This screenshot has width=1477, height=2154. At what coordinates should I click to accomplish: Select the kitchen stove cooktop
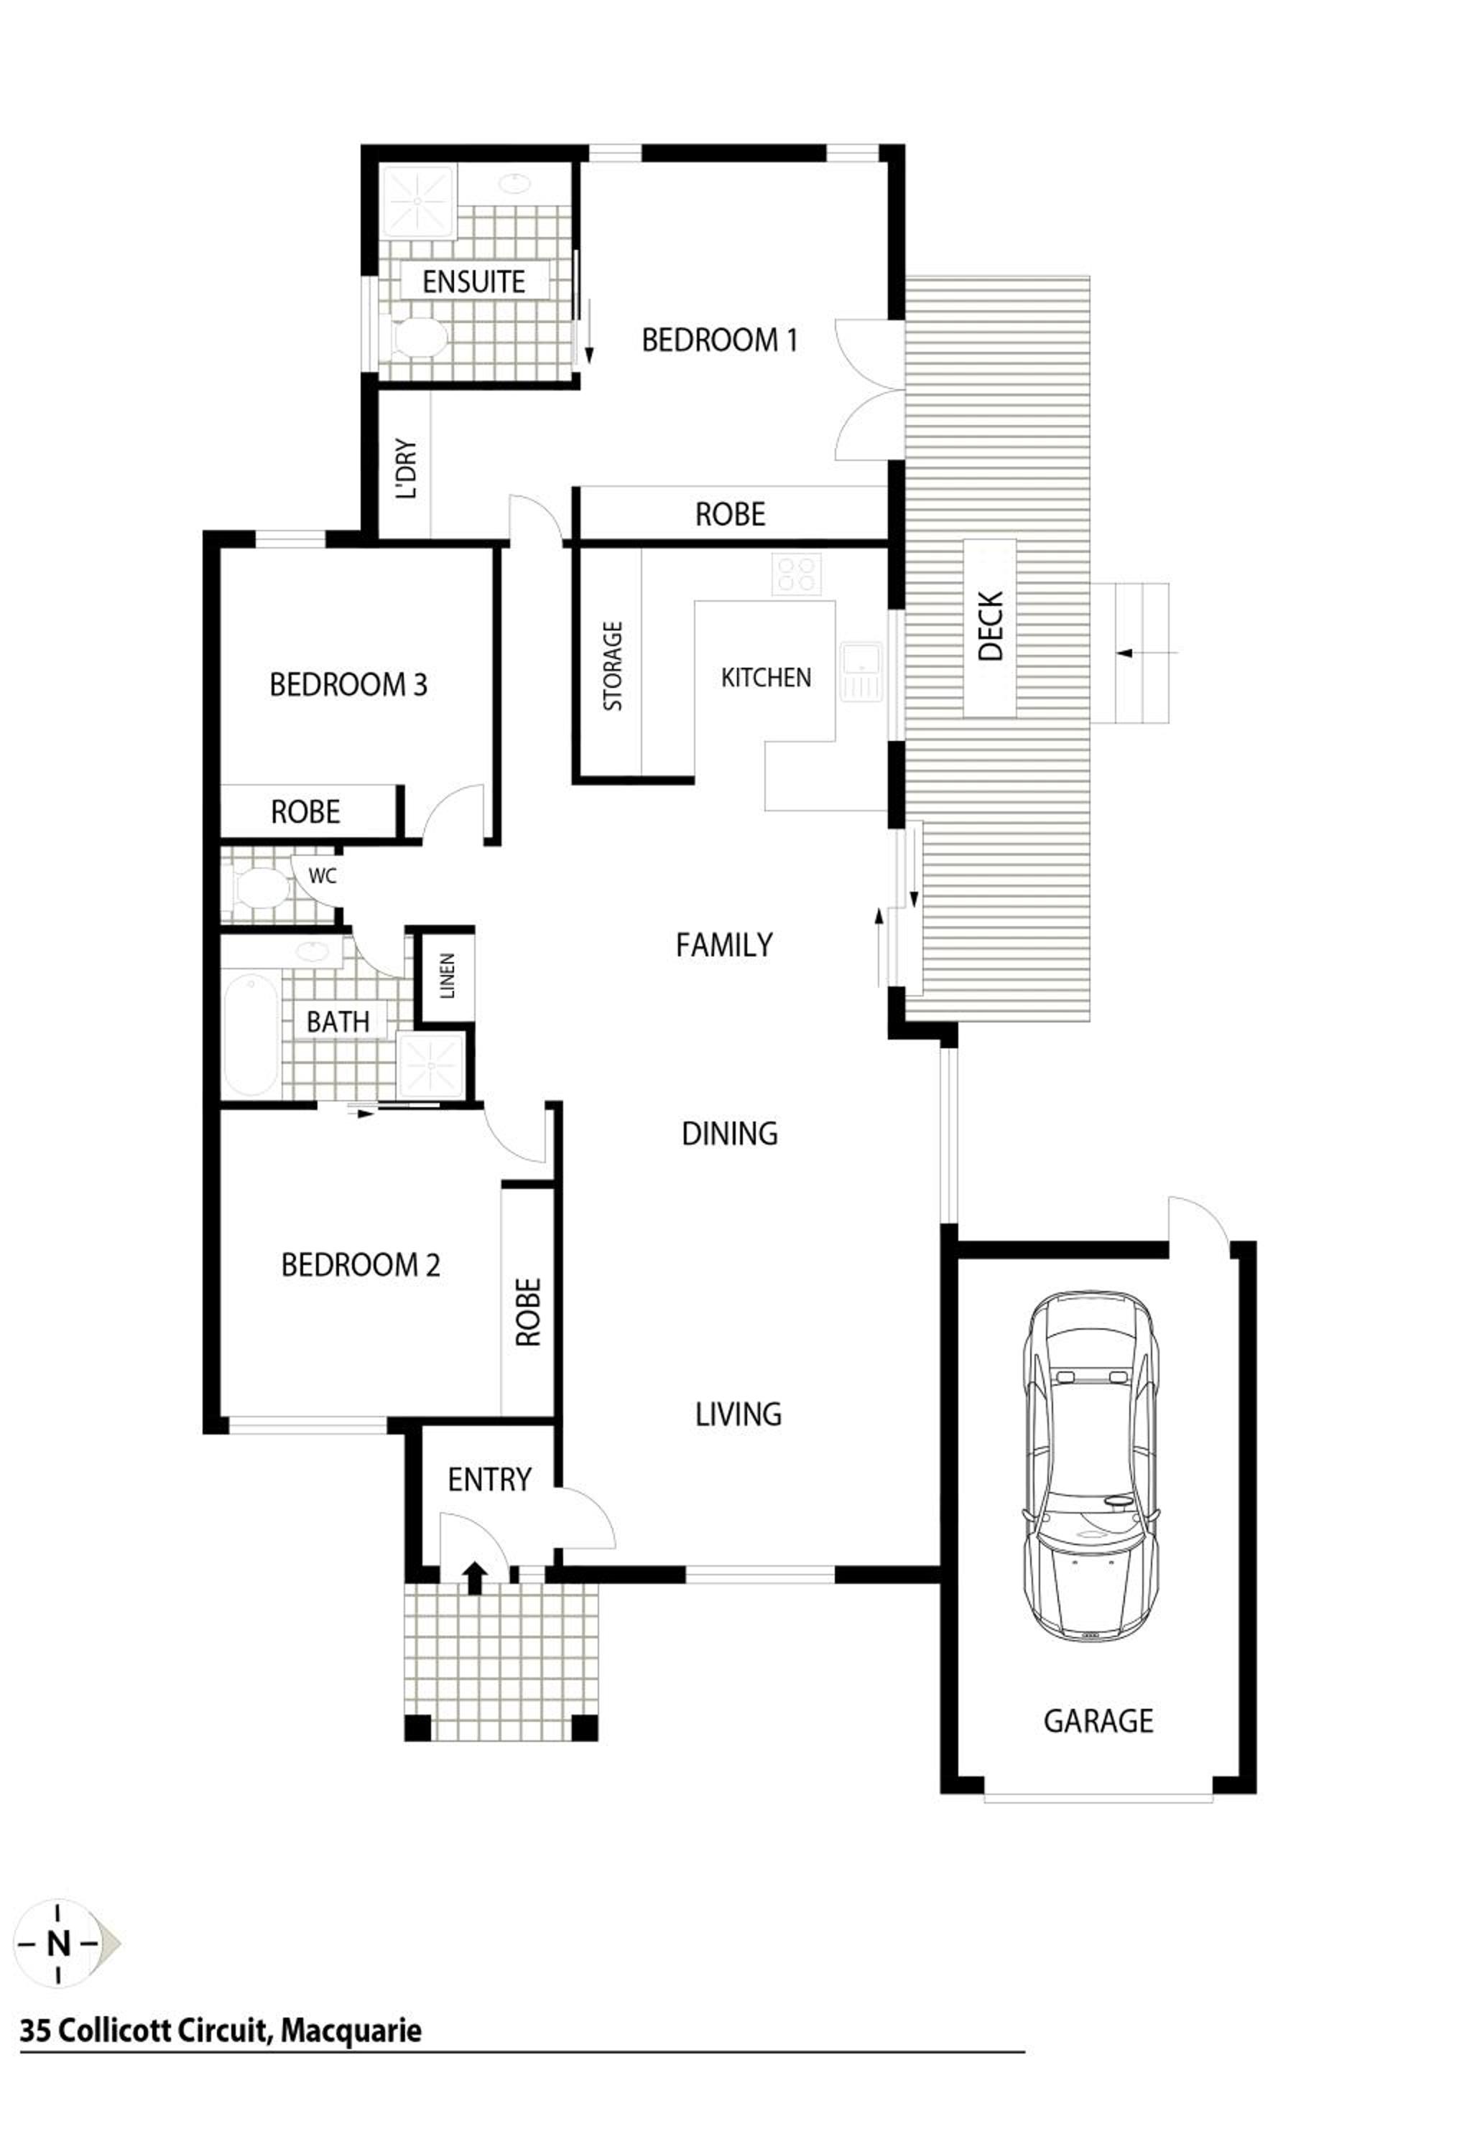[797, 574]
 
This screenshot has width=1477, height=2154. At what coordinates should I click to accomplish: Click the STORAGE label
[613, 666]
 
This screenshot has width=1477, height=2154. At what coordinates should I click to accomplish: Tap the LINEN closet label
[448, 976]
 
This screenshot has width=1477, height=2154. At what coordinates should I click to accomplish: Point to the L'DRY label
[406, 469]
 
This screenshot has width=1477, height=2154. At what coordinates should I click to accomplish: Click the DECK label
[991, 627]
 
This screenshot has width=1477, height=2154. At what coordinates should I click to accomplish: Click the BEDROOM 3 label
[348, 685]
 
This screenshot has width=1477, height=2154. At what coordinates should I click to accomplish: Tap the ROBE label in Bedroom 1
[731, 514]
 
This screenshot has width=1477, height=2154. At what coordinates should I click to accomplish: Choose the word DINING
[730, 1134]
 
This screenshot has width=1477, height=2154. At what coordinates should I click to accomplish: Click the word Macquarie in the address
[351, 2031]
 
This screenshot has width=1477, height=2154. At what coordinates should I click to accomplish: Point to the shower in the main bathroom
[431, 1064]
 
